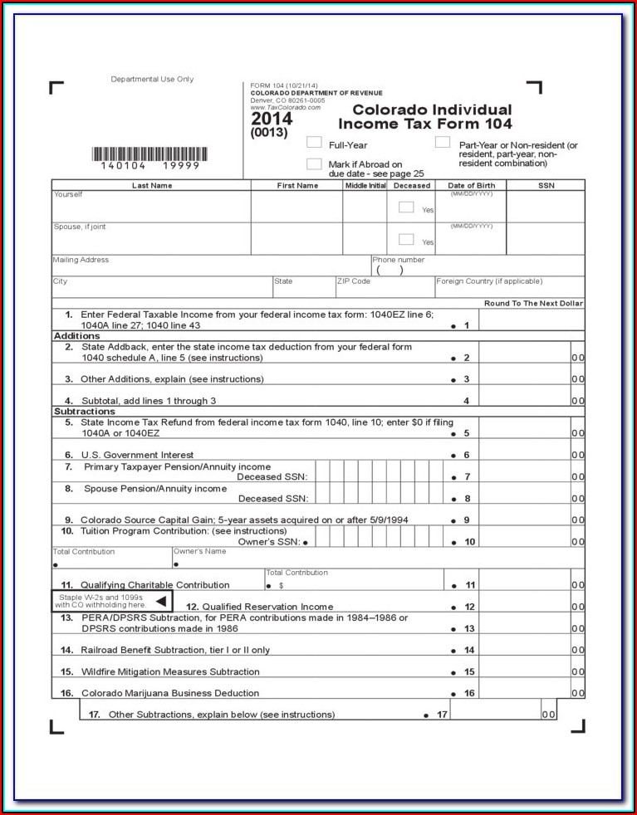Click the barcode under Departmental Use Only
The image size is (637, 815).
click(149, 154)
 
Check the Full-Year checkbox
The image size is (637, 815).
click(314, 143)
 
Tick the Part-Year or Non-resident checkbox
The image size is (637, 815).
click(443, 143)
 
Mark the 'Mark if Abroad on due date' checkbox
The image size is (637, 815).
click(314, 163)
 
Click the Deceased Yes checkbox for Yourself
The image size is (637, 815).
click(406, 207)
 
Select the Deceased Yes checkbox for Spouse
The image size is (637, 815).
click(406, 239)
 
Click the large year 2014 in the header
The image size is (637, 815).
click(272, 119)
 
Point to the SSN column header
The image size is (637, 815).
click(546, 186)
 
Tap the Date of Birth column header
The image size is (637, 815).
click(471, 186)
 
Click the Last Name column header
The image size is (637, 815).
click(152, 186)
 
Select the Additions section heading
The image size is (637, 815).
click(76, 336)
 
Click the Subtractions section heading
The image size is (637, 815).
click(84, 412)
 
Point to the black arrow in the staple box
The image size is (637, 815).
click(161, 601)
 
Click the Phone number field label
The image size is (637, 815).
click(398, 260)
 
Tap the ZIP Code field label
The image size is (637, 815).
click(353, 281)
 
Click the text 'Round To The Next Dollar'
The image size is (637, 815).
click(533, 304)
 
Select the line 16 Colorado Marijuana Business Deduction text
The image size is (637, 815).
click(169, 693)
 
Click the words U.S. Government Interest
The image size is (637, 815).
click(137, 455)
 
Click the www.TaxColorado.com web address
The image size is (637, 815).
click(285, 107)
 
